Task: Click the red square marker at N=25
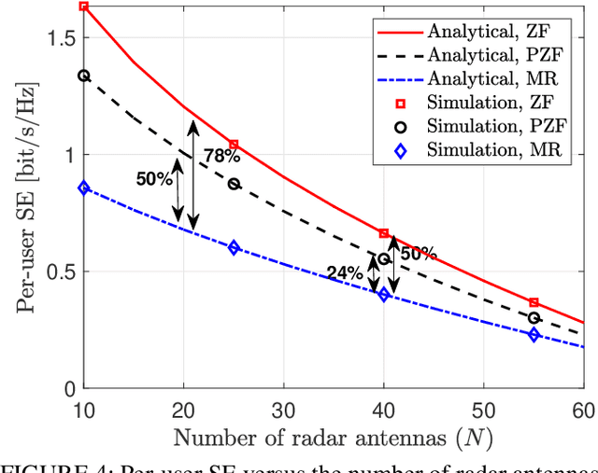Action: coord(234,145)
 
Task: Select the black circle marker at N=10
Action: coord(84,76)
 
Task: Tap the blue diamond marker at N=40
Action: coord(383,295)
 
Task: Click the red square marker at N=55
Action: coord(534,302)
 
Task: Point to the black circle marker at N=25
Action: coord(234,184)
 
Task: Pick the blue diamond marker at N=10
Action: coord(84,188)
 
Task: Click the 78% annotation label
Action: coord(221,157)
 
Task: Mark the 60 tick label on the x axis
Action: coord(581,410)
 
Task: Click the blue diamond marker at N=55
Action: coord(534,335)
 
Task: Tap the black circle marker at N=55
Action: coord(534,318)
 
